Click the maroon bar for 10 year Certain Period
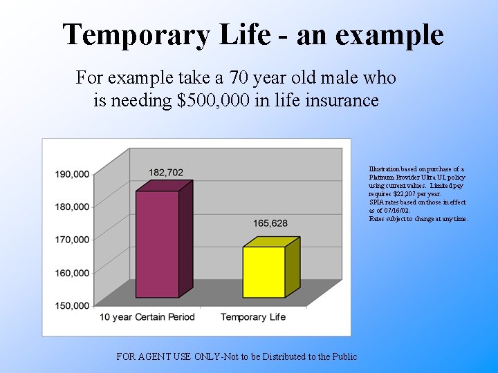point(158,243)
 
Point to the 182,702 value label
point(165,172)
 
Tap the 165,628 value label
point(270,223)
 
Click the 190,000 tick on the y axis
point(73,174)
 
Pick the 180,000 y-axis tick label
point(73,207)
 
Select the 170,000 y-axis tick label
point(73,240)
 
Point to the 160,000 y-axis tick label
point(73,273)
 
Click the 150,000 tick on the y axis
point(73,305)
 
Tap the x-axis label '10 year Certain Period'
point(147,317)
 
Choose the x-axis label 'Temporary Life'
point(253,317)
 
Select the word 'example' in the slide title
point(391,35)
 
